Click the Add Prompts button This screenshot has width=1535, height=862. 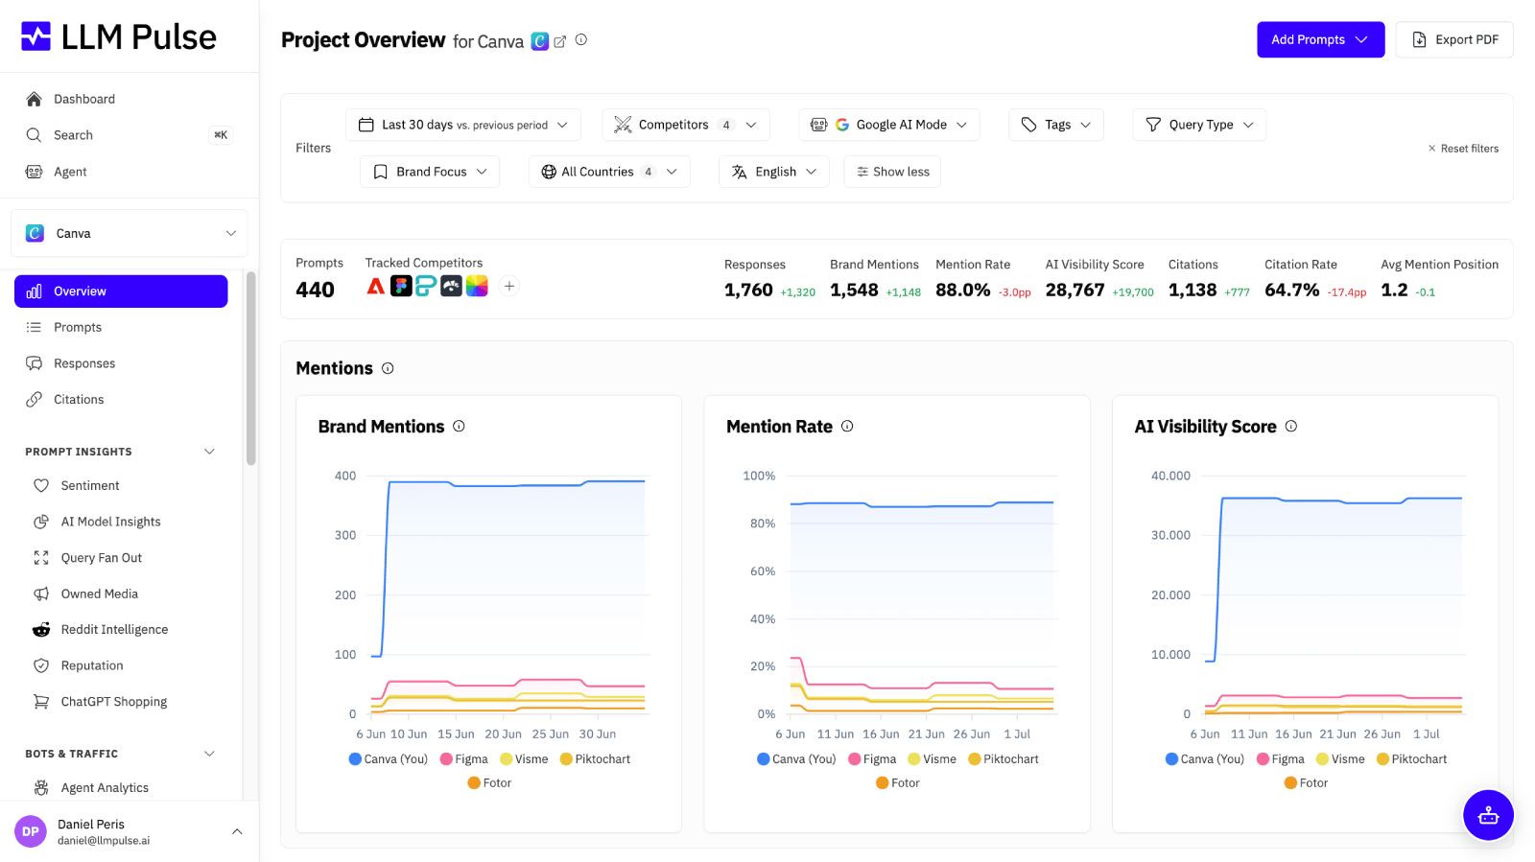pyautogui.click(x=1320, y=39)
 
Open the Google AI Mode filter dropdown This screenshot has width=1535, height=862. pyautogui.click(x=888, y=125)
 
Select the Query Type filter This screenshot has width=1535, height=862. pyautogui.click(x=1198, y=125)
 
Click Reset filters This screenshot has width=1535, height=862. pyautogui.click(x=1463, y=149)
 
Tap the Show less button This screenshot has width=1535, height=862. pyautogui.click(x=892, y=172)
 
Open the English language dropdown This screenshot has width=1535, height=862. pyautogui.click(x=773, y=172)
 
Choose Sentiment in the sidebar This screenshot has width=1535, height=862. pyautogui.click(x=90, y=485)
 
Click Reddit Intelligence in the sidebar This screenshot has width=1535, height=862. pyautogui.click(x=114, y=629)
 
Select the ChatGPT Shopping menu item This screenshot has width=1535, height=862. pyautogui.click(x=114, y=701)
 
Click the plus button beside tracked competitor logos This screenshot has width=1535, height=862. pyautogui.click(x=509, y=286)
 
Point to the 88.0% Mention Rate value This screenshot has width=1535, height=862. pyautogui.click(x=962, y=291)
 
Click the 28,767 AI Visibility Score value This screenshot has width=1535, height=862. pyautogui.click(x=1074, y=291)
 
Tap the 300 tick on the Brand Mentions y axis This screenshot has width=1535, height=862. pyautogui.click(x=345, y=535)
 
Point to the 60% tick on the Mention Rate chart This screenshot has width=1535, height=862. pyautogui.click(x=763, y=571)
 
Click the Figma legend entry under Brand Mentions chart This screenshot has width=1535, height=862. pyautogui.click(x=464, y=758)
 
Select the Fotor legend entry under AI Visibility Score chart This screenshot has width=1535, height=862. pyautogui.click(x=1306, y=782)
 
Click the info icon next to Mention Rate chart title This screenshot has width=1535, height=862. pyautogui.click(x=847, y=427)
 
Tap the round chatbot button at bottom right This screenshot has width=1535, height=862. pyautogui.click(x=1488, y=815)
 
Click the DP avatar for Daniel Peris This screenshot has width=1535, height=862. pyautogui.click(x=30, y=831)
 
